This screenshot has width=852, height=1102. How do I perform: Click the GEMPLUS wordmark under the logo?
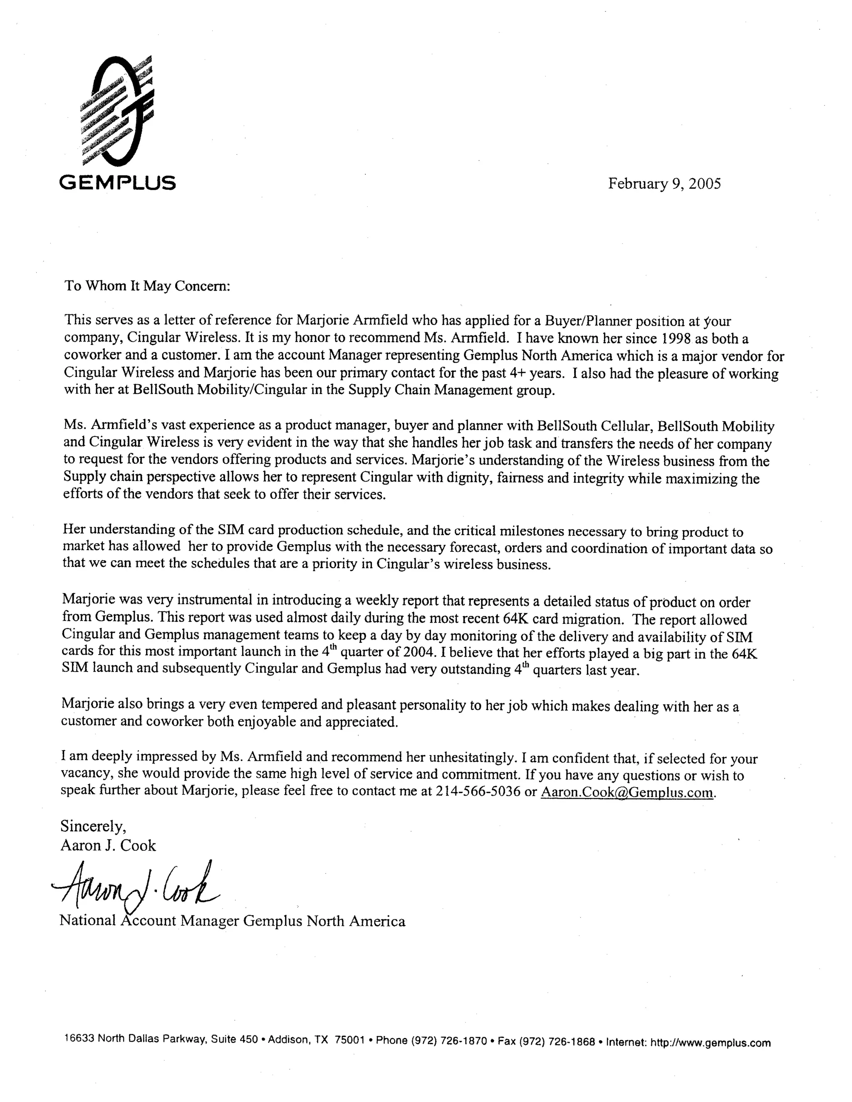[117, 182]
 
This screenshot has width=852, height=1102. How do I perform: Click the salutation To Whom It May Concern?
[147, 286]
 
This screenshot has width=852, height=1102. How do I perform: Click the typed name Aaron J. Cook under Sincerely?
[108, 845]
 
